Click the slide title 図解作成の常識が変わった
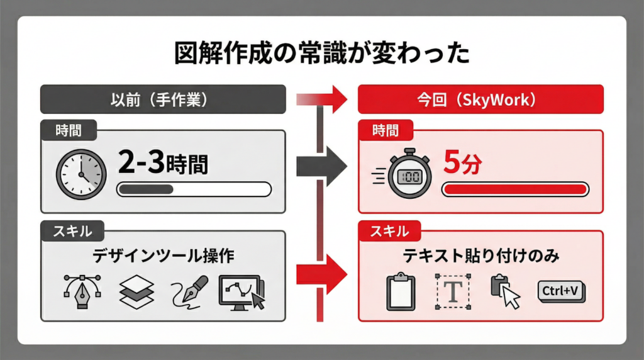click(321, 53)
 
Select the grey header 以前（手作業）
click(163, 99)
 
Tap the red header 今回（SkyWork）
click(480, 99)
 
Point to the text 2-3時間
click(163, 165)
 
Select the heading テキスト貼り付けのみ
click(480, 256)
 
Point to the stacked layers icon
click(136, 291)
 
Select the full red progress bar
click(515, 189)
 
